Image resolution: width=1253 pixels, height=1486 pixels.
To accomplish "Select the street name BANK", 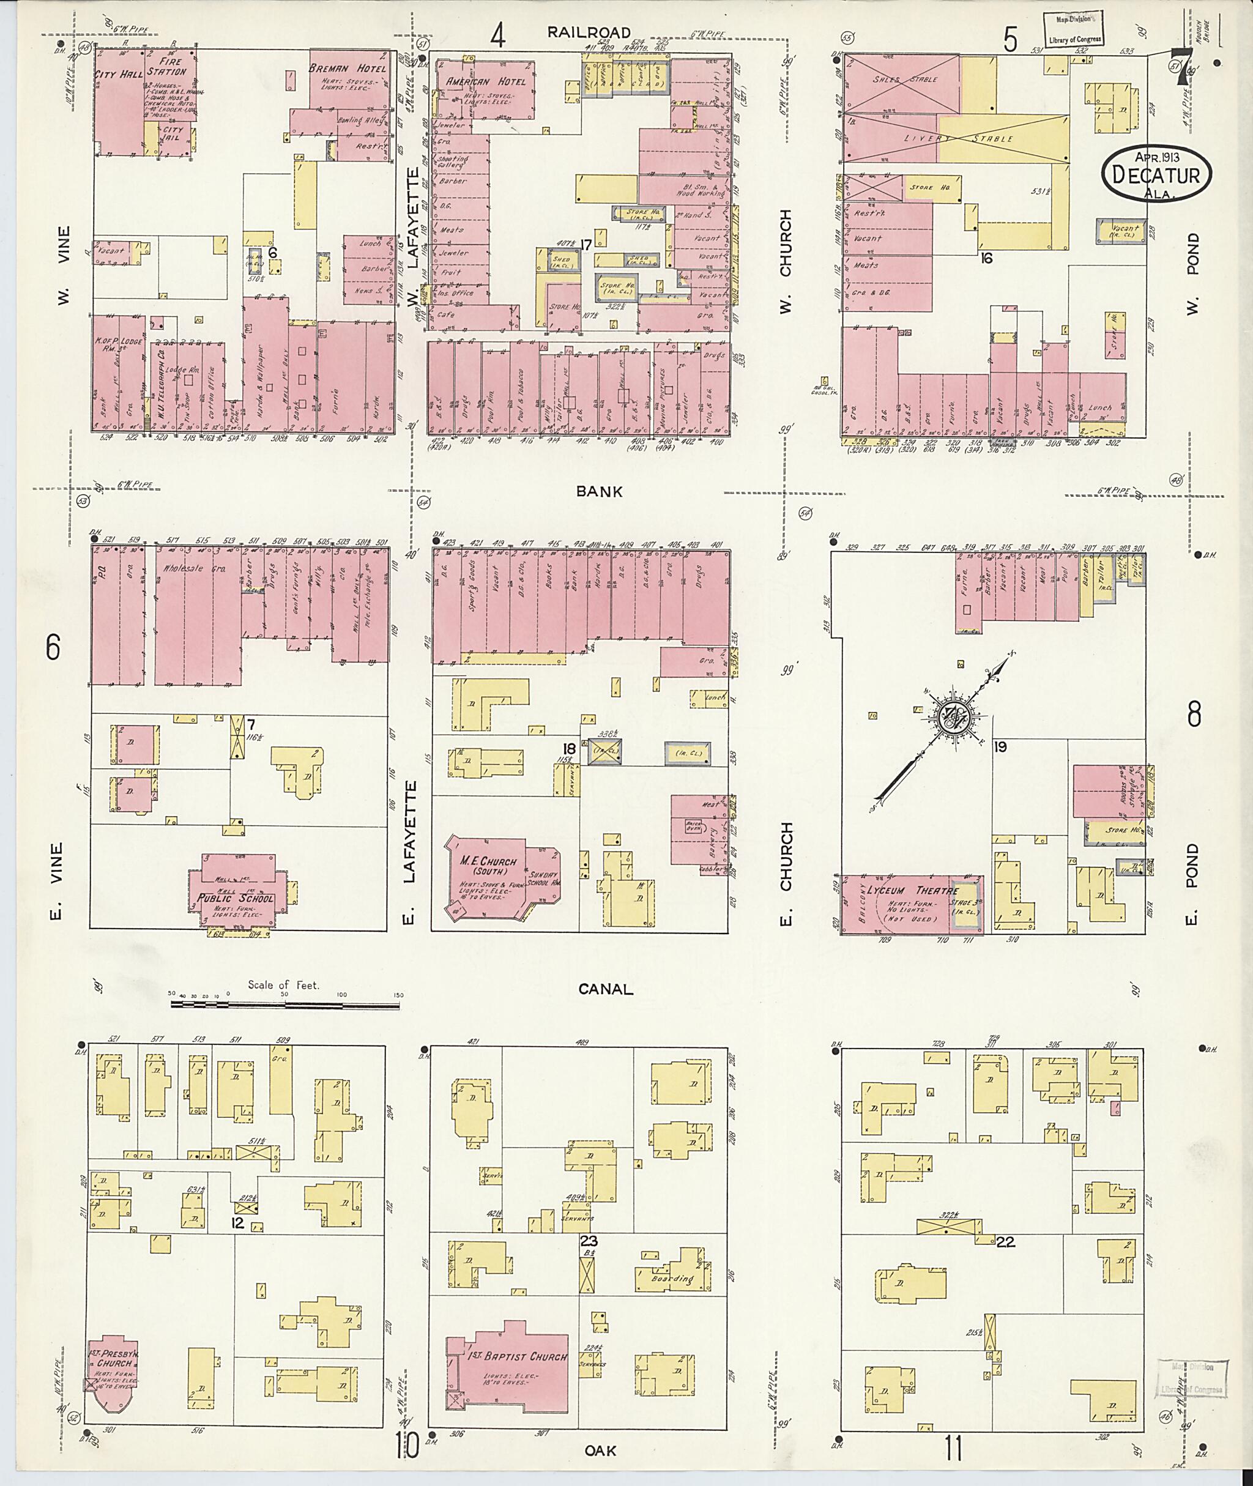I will pos(599,491).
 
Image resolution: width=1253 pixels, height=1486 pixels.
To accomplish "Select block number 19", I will pos(1001,746).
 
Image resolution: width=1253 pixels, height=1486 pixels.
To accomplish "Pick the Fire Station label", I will pos(169,67).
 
